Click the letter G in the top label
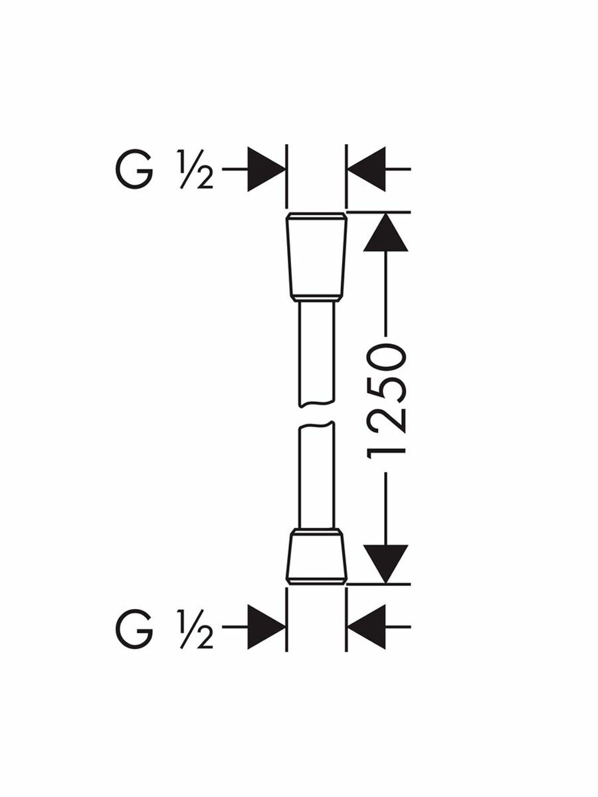coord(134,169)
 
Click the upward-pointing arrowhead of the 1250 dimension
coord(386,232)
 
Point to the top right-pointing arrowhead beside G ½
coord(266,169)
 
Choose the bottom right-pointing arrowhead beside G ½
coord(266,626)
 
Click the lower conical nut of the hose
coord(316,558)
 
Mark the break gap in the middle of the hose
coord(316,412)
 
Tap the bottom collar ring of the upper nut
coord(316,297)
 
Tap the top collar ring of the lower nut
coord(316,531)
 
